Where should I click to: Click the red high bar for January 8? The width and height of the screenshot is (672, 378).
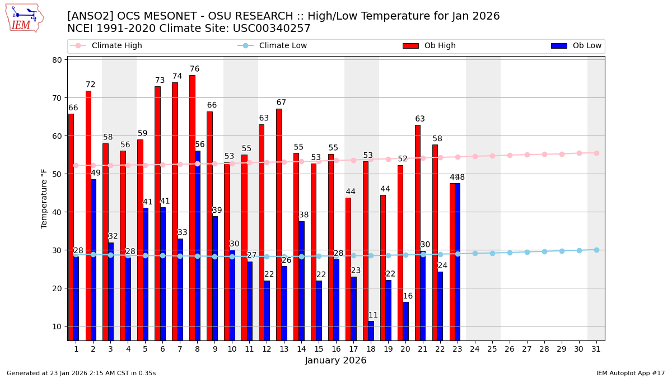192,207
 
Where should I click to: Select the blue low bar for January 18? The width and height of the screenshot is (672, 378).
371,330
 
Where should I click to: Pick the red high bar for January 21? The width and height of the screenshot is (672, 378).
418,232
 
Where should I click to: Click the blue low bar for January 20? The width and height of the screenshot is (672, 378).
405,321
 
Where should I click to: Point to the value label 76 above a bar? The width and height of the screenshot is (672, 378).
194,69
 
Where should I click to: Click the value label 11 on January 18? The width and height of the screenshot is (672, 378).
373,315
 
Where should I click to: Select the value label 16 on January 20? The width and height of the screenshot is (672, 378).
408,296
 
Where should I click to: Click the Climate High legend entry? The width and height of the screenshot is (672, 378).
116,46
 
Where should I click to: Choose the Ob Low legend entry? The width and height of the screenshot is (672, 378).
587,46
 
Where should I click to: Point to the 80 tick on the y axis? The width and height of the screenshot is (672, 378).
58,60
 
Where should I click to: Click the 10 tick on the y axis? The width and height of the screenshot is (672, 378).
58,326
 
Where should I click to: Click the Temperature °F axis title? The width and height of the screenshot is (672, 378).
44,198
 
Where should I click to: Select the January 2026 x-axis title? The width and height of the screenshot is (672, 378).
335,361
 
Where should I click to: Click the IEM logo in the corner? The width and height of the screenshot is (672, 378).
24,18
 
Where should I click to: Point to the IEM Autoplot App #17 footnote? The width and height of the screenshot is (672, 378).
631,373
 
